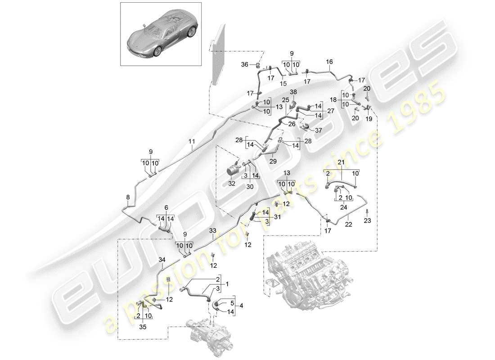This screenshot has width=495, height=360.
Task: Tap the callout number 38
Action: [293, 92]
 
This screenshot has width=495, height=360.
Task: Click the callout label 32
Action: [232, 183]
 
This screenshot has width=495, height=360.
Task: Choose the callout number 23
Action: [368, 220]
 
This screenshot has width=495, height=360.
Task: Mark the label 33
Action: [213, 230]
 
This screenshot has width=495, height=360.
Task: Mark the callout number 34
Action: [162, 259]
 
